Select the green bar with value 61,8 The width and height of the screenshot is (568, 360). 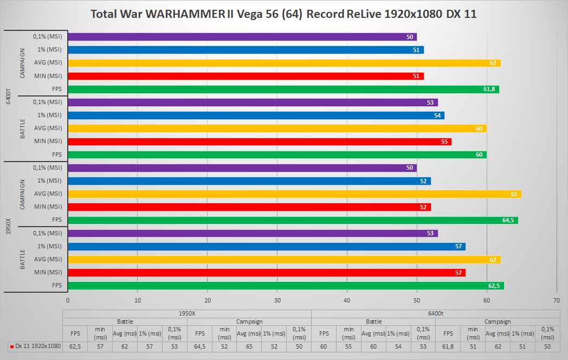(x=283, y=89)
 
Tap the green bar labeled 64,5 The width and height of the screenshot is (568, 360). (x=293, y=220)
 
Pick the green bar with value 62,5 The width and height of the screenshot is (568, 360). (x=286, y=286)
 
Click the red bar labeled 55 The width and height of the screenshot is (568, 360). (x=260, y=142)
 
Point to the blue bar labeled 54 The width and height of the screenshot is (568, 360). (x=256, y=115)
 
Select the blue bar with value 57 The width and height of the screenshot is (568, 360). (x=267, y=247)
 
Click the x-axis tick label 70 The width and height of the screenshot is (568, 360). (x=557, y=300)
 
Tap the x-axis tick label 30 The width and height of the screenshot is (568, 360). (x=277, y=300)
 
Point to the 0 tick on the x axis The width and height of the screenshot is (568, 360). (x=68, y=300)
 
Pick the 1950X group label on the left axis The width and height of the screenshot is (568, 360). (x=8, y=226)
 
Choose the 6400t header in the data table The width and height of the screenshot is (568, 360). (x=436, y=313)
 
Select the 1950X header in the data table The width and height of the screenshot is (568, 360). (x=187, y=313)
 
